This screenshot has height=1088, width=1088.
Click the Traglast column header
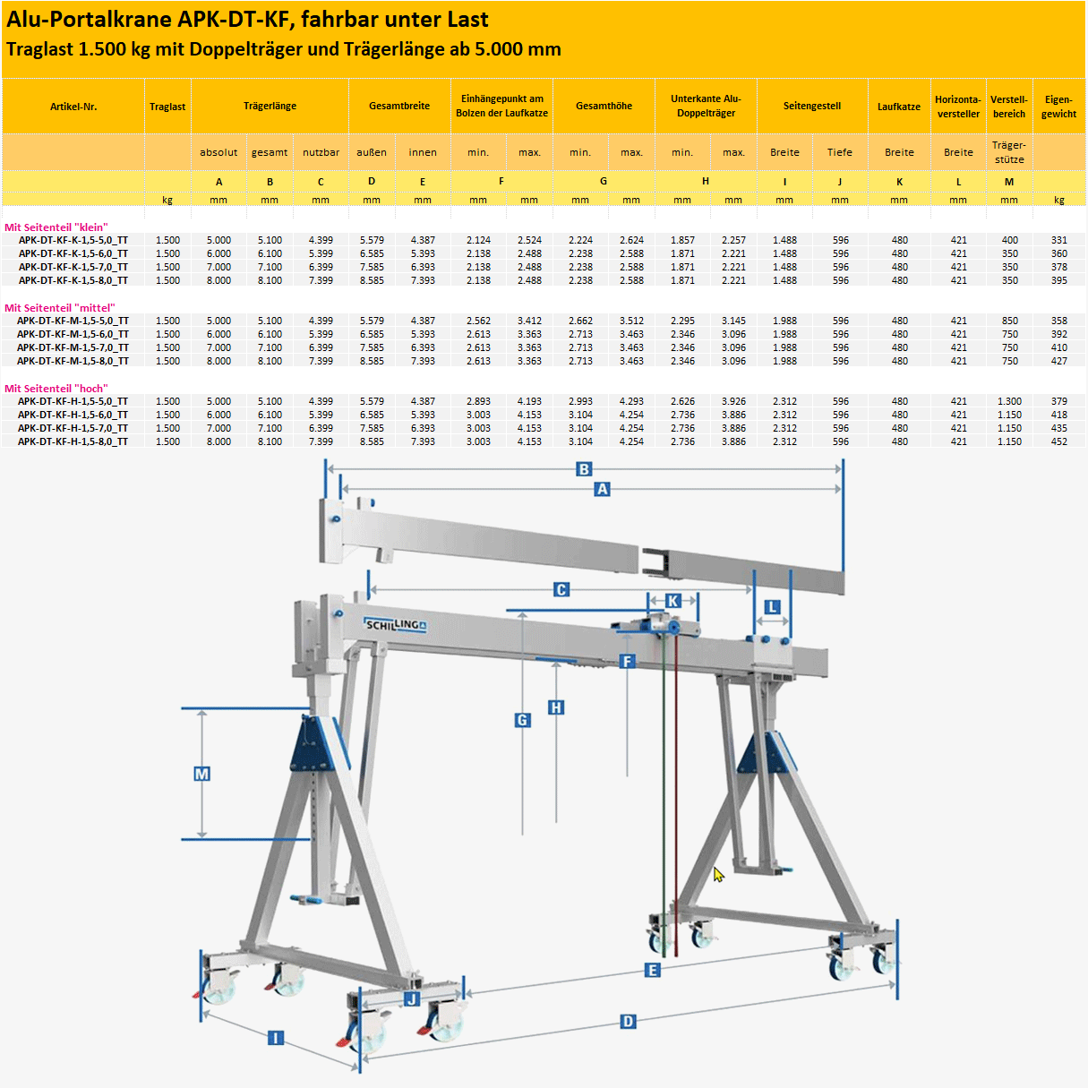point(167,107)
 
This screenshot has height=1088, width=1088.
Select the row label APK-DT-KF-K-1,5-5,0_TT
point(73,240)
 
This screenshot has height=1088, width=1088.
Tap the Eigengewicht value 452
point(1058,441)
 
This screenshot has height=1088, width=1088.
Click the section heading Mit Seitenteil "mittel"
point(59,308)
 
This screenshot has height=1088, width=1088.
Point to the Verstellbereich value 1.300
point(1009,401)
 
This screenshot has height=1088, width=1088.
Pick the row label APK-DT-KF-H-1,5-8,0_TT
point(73,441)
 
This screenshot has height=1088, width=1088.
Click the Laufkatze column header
point(899,107)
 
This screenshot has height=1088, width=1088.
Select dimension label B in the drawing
point(584,469)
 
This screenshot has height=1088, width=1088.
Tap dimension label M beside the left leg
point(201,774)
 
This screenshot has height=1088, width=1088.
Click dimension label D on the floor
point(628,1022)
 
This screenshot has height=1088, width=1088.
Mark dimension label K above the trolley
point(673,601)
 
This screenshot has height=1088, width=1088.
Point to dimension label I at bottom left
point(276,1038)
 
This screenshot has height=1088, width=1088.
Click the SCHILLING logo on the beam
point(395,624)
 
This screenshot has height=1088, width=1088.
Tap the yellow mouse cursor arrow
point(717,874)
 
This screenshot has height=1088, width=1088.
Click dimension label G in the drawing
point(523,720)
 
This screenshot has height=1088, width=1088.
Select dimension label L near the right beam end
point(772,607)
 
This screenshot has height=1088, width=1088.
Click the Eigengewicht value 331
point(1058,240)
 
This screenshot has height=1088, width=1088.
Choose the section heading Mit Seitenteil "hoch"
point(56,389)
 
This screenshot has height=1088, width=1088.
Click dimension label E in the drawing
point(652,971)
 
